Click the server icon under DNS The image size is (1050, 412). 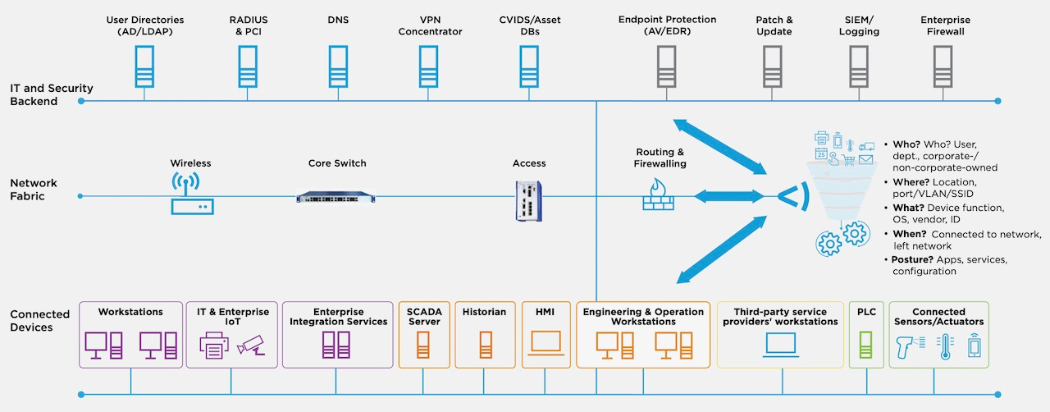(338, 66)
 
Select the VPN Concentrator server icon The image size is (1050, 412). (429, 66)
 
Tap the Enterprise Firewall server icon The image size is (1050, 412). (945, 66)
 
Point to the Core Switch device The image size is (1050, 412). (337, 196)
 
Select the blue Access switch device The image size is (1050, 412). (529, 200)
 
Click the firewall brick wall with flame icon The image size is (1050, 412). (658, 197)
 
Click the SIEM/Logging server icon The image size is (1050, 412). (858, 66)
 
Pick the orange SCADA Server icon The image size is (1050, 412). (423, 345)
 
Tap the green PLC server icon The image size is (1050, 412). (865, 345)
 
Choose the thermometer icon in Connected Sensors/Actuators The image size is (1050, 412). (943, 346)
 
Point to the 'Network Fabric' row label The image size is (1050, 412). (34, 190)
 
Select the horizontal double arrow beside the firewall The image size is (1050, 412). (722, 196)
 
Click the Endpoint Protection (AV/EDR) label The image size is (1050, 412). (667, 25)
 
